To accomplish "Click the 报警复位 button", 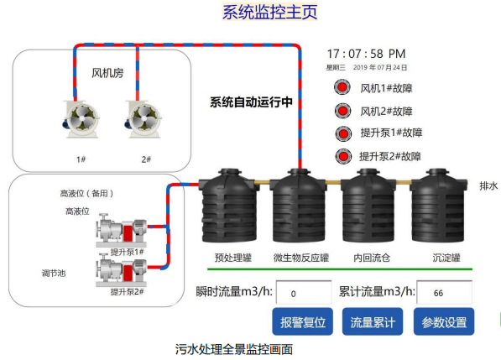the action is (302, 321).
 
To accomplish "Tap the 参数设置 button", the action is (444, 321).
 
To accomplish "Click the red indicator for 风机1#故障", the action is (342, 87).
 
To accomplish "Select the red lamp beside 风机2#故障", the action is (343, 111).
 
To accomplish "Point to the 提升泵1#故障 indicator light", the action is (343, 133).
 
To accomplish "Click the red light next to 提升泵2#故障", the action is (343, 157).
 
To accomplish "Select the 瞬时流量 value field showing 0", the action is (304, 292).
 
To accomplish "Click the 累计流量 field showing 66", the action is (445, 292).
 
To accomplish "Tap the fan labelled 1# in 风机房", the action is (81, 119).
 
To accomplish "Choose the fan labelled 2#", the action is (143, 119).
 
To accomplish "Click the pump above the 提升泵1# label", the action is (122, 230).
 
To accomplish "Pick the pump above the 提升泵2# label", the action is (122, 270).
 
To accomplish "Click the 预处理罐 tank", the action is (229, 206).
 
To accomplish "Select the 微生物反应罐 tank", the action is (299, 206).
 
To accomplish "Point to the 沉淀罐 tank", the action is (438, 206).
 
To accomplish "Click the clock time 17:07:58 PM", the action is (366, 54).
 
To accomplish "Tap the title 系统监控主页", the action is (269, 12).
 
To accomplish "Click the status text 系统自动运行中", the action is (251, 102).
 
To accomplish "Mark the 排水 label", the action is (488, 186).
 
